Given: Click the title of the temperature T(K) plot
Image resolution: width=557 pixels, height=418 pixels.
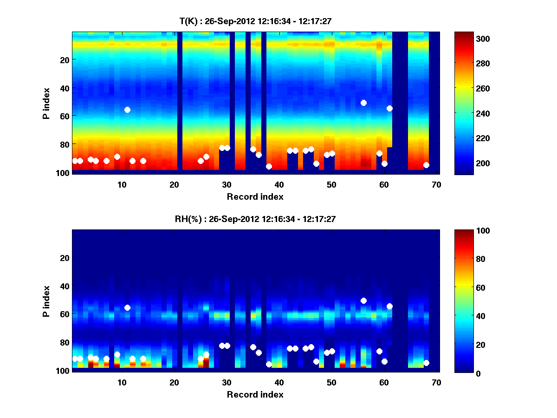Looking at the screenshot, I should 257,21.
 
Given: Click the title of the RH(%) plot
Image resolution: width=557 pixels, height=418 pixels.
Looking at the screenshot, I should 257,219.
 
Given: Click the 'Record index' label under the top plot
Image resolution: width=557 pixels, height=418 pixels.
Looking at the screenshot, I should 255,196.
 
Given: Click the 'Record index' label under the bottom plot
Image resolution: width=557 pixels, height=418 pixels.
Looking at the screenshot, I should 255,394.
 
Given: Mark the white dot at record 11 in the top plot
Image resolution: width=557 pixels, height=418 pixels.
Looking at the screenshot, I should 127,110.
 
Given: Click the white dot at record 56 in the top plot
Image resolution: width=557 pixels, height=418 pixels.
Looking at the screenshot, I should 363,103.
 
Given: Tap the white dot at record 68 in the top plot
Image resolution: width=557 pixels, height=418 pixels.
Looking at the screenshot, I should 426,165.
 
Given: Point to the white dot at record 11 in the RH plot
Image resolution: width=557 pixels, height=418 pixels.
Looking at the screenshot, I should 127,307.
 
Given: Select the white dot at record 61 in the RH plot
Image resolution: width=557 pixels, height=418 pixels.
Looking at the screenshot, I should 389,306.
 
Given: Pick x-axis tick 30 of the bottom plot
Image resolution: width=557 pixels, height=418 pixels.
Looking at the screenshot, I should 227,382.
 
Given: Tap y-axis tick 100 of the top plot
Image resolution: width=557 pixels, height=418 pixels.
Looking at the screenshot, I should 64,173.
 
